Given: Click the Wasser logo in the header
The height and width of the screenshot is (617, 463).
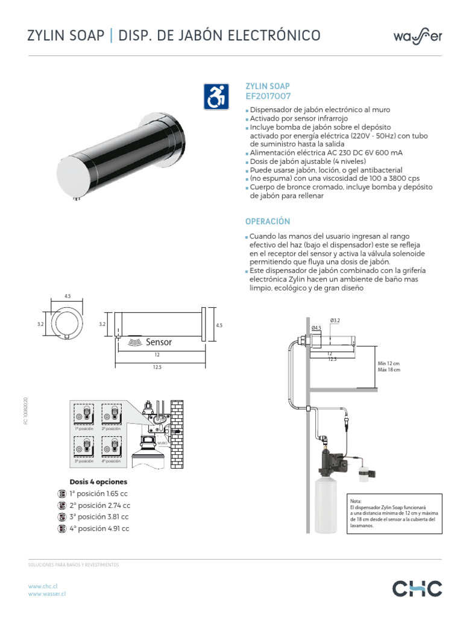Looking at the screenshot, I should pyautogui.click(x=418, y=36).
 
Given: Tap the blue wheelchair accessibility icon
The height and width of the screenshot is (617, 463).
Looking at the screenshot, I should pyautogui.click(x=216, y=96).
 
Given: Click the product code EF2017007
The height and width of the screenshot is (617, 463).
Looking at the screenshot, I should pyautogui.click(x=268, y=96).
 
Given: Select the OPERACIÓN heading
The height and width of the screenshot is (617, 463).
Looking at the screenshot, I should pyautogui.click(x=268, y=222).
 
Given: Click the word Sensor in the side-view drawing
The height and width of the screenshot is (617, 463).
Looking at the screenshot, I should pyautogui.click(x=159, y=342).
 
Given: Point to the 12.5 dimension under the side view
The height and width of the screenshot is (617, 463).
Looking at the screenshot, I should pyautogui.click(x=159, y=367).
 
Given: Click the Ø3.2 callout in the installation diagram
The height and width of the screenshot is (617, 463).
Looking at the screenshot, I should pyautogui.click(x=336, y=319).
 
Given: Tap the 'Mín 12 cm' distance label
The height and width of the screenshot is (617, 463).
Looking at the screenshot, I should pyautogui.click(x=388, y=364).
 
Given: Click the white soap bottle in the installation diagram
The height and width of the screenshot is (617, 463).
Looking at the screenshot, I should pyautogui.click(x=326, y=505).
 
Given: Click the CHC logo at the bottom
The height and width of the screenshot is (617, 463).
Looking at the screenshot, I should pyautogui.click(x=417, y=589).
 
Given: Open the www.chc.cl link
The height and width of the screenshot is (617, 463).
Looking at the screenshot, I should pyautogui.click(x=43, y=586).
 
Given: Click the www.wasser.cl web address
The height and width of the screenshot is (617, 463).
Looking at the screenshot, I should pyautogui.click(x=47, y=594).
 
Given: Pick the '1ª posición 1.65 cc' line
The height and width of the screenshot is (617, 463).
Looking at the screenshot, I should pyautogui.click(x=100, y=493).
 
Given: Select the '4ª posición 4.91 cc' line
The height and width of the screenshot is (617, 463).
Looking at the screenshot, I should pyautogui.click(x=100, y=528).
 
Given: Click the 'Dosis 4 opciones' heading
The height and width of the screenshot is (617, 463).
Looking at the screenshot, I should pyautogui.click(x=99, y=482).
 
